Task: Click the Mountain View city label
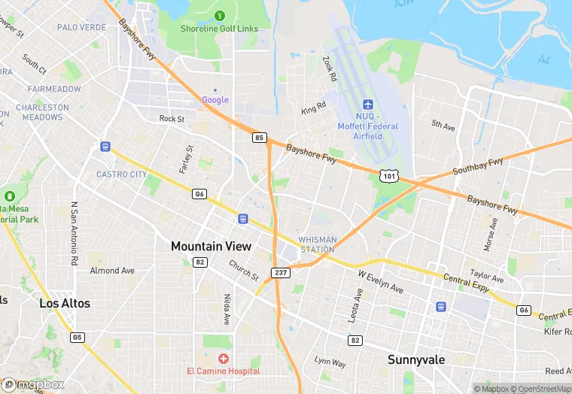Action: [x=211, y=247]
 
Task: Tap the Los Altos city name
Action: [x=65, y=304]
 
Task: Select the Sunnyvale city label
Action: [x=416, y=359]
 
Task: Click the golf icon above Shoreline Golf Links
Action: [x=220, y=15]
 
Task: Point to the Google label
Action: [x=215, y=100]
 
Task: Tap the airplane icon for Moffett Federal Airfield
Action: [x=368, y=105]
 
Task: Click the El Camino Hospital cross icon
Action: [x=224, y=359]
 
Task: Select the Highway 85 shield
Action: [x=260, y=138]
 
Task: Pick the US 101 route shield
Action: [x=388, y=176]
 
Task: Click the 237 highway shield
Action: [x=281, y=272]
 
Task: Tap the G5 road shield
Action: [x=78, y=338]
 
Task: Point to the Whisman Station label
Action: [x=318, y=244]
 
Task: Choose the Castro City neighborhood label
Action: [x=122, y=174]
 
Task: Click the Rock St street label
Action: [x=172, y=119]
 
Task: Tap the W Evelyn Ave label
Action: [x=380, y=283]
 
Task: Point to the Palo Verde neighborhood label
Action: [x=81, y=27]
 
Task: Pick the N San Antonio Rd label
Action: [x=74, y=234]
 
